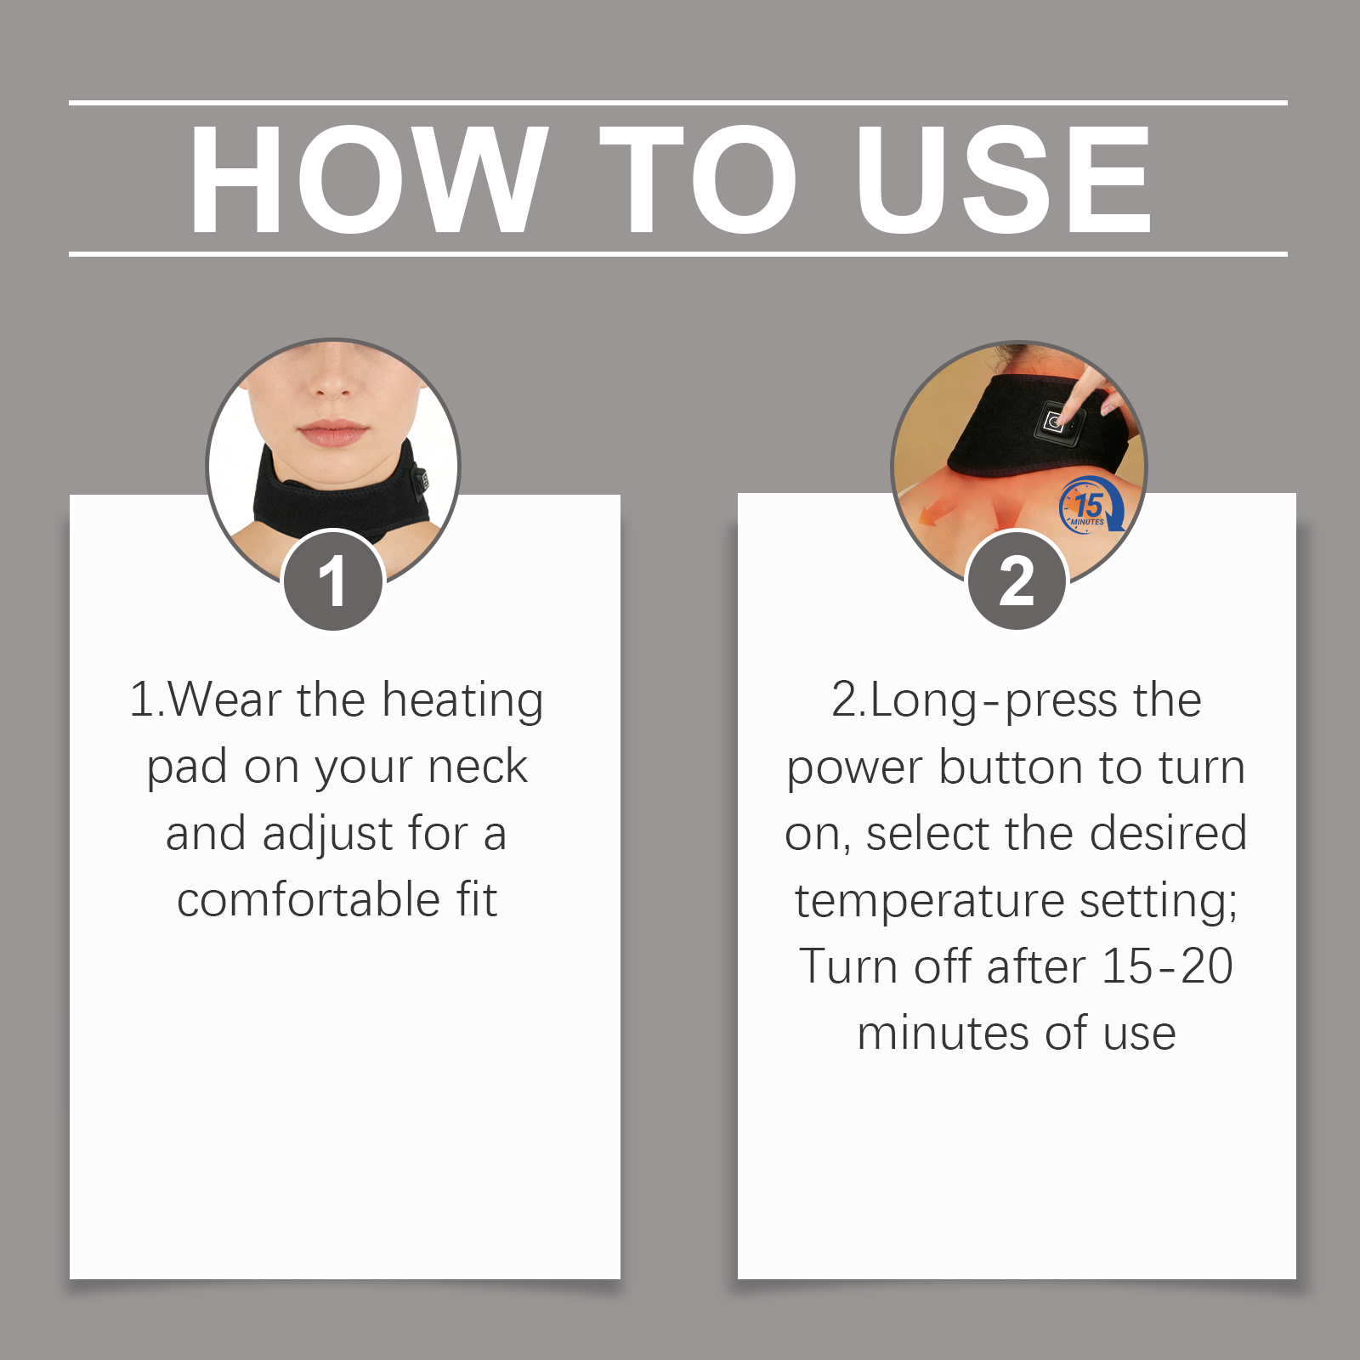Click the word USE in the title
1003,178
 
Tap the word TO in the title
699,178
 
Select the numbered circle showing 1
334,581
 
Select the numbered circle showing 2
1017,581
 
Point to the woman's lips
333,433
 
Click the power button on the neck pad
1055,422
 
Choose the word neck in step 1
478,767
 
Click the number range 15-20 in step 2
1166,966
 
